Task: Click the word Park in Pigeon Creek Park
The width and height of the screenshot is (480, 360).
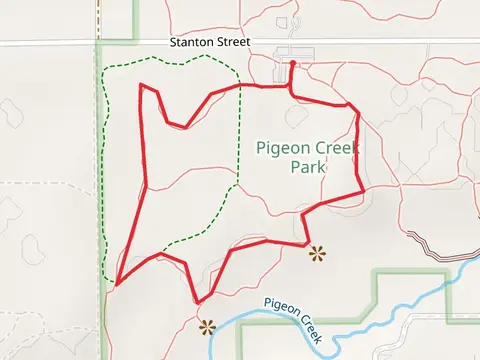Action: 308,168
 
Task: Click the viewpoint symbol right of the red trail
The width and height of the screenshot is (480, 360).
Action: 318,253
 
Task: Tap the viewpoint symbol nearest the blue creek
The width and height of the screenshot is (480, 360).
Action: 207,326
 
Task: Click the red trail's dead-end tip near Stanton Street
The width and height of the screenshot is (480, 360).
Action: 292,63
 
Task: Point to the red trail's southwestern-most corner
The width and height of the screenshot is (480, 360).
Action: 117,284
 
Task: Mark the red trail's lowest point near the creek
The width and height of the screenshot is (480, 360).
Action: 199,302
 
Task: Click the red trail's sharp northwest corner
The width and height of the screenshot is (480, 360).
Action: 141,85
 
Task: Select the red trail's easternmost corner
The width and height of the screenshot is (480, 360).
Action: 362,191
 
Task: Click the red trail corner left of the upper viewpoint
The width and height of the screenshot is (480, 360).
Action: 304,243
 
